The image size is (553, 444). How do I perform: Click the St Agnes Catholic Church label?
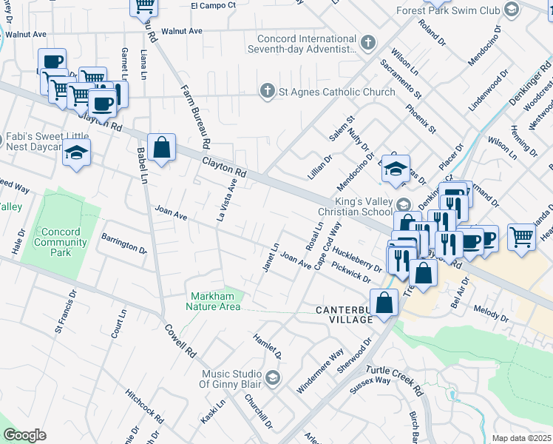(326, 92)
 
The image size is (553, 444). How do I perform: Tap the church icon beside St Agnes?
(268, 91)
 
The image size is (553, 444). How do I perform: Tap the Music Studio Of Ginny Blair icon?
(273, 379)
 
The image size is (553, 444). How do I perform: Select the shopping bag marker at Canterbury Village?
(384, 303)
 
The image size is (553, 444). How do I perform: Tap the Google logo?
(24, 435)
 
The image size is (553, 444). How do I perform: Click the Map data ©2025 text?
(521, 438)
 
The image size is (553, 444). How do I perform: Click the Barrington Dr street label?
(124, 244)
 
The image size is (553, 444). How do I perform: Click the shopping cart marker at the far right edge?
(521, 238)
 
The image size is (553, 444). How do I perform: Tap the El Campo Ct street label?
(213, 5)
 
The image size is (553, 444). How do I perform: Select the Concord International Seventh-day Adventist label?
(307, 44)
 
